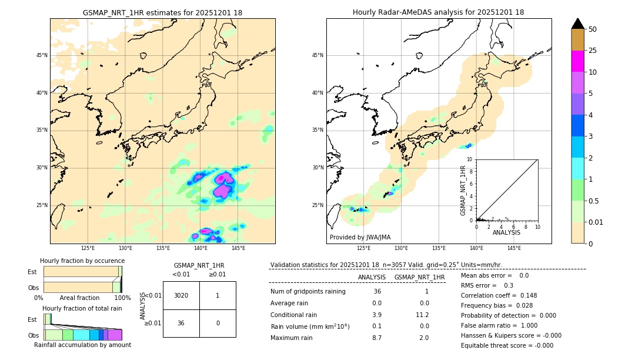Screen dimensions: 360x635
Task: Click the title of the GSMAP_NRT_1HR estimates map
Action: pyautogui.click(x=162, y=12)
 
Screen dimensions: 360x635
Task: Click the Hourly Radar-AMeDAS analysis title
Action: pyautogui.click(x=438, y=12)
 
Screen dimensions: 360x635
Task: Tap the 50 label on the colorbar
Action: pyautogui.click(x=593, y=29)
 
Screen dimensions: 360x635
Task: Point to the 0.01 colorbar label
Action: pyautogui.click(x=596, y=222)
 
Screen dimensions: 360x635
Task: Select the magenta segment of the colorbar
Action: pyautogui.click(x=577, y=61)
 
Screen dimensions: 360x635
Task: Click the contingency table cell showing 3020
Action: pyautogui.click(x=181, y=295)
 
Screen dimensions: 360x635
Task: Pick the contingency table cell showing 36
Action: pyautogui.click(x=181, y=323)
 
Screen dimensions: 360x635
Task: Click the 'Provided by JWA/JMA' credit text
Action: pyautogui.click(x=360, y=237)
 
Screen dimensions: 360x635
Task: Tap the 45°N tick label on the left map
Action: pyautogui.click(x=42, y=55)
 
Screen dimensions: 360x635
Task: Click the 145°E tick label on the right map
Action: pyautogui.click(x=514, y=248)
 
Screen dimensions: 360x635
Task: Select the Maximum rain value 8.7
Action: pyautogui.click(x=376, y=338)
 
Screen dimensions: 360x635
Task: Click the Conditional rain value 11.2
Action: pyautogui.click(x=424, y=315)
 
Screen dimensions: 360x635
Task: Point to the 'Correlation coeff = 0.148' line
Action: pyautogui.click(x=499, y=295)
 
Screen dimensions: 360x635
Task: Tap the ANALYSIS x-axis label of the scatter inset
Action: pyautogui.click(x=506, y=232)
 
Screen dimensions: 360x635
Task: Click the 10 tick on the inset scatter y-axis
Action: pyautogui.click(x=470, y=159)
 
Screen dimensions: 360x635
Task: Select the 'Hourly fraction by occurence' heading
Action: pyautogui.click(x=82, y=261)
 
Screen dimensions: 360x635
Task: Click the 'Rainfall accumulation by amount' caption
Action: pyautogui.click(x=82, y=345)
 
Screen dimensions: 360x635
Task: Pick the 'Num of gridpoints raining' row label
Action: pyautogui.click(x=308, y=291)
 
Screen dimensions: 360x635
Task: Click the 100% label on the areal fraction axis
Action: pyautogui.click(x=122, y=298)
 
